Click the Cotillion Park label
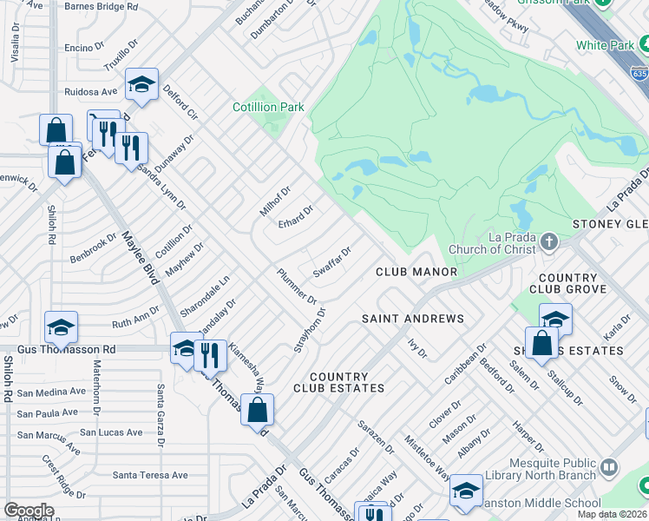pos(268,107)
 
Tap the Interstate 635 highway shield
pos(639,75)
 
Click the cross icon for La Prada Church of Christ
pos(548,240)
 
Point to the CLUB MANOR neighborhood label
pos(416,272)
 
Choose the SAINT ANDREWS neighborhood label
pos(412,319)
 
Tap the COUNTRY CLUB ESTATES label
pos(338,382)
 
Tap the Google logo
pos(29,511)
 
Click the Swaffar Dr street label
pos(331,261)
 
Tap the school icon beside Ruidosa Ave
pos(141,85)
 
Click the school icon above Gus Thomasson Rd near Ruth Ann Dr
pos(61,327)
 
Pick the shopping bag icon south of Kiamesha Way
pos(258,410)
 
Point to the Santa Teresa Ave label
pos(150,475)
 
